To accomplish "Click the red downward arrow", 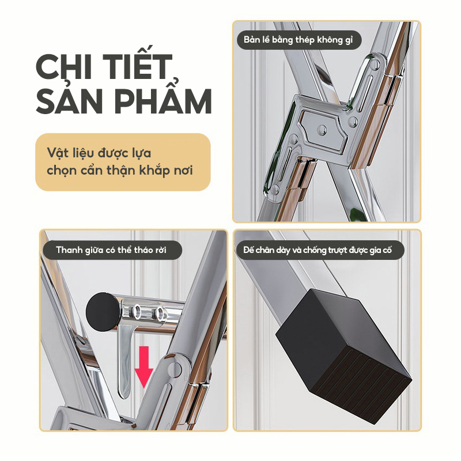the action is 143,367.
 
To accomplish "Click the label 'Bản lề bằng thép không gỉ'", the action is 298,40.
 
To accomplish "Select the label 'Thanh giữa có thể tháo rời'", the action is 112,250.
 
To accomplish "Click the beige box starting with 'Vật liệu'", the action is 123,162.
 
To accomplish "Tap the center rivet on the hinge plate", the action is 323,129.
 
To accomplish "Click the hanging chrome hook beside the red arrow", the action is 124,361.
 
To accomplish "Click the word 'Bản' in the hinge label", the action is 251,40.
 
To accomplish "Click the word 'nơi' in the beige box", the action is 183,171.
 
